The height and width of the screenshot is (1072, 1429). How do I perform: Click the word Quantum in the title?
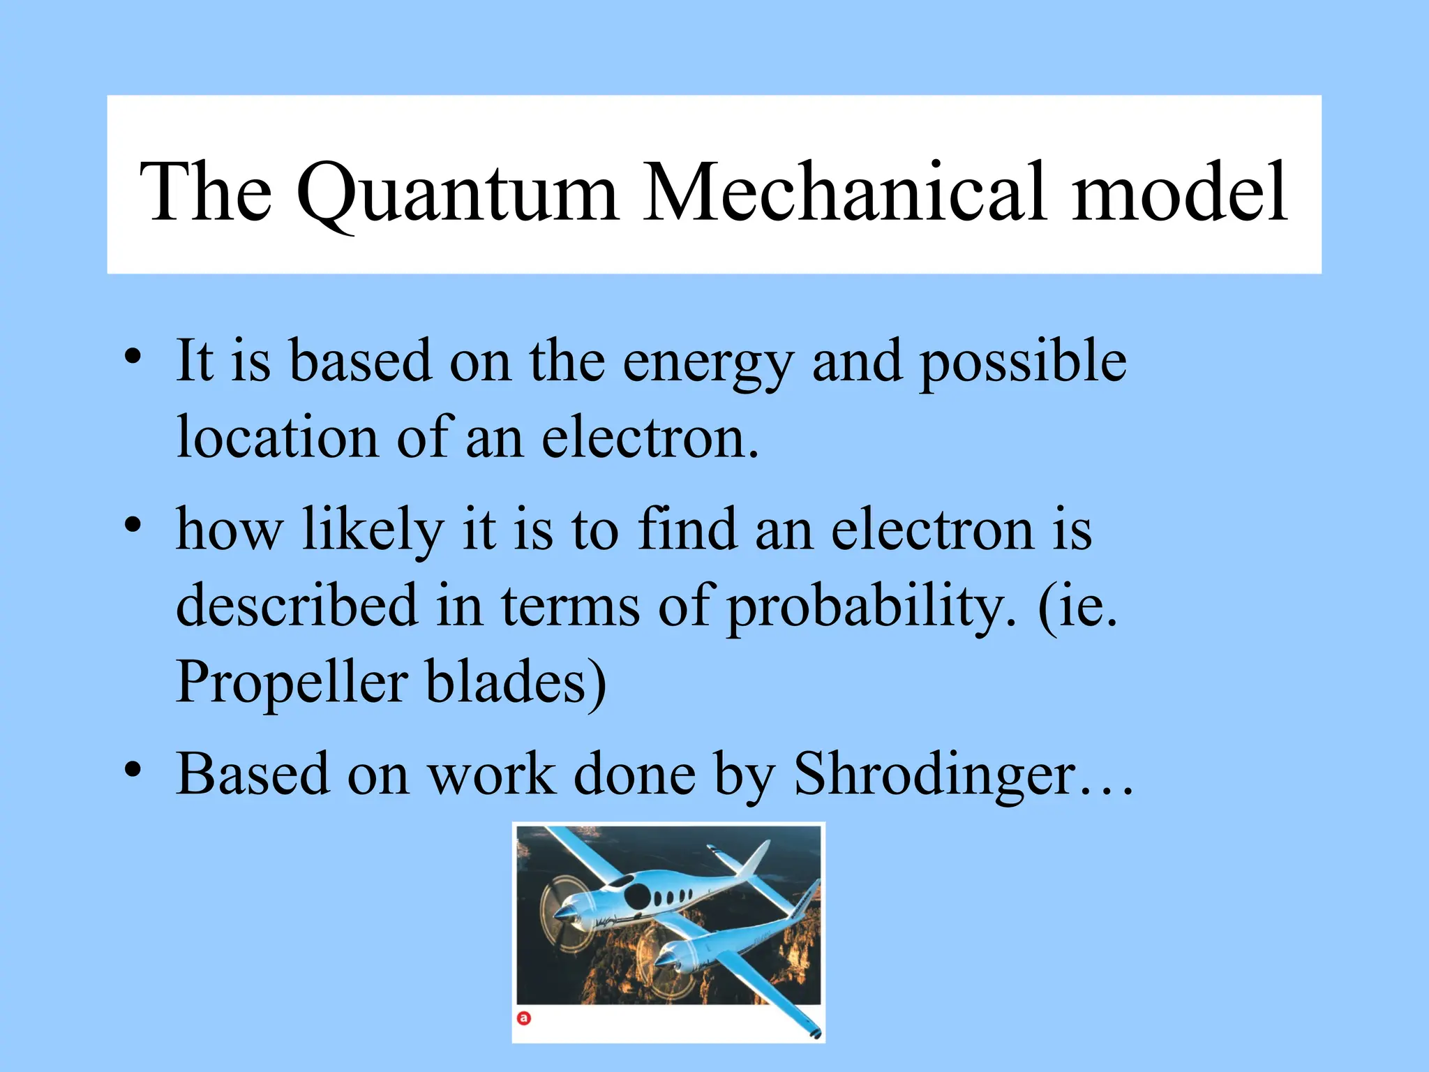click(457, 192)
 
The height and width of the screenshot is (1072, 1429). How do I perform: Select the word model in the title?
click(1179, 192)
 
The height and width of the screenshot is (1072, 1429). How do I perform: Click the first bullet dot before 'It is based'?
click(133, 357)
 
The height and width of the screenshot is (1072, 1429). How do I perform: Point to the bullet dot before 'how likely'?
click(133, 525)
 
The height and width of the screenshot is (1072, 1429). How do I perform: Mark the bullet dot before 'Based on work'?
click(133, 770)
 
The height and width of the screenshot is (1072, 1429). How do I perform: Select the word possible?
click(1022, 363)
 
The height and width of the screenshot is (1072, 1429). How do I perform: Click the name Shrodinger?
click(935, 775)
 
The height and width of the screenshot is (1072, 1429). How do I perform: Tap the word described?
click(296, 605)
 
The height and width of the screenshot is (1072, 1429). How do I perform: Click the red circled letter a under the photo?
click(524, 1018)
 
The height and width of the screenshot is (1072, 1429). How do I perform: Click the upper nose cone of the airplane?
click(562, 915)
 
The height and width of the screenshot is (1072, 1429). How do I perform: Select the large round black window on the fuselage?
click(638, 896)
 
